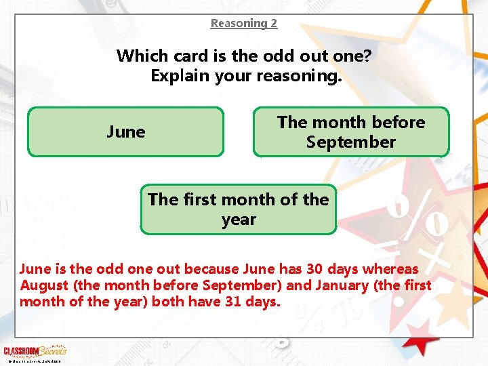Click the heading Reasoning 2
(x=244, y=23)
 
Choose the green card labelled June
(x=126, y=131)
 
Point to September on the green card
(x=350, y=142)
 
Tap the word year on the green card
(x=239, y=220)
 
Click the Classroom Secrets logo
(x=35, y=351)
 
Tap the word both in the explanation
(x=166, y=302)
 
